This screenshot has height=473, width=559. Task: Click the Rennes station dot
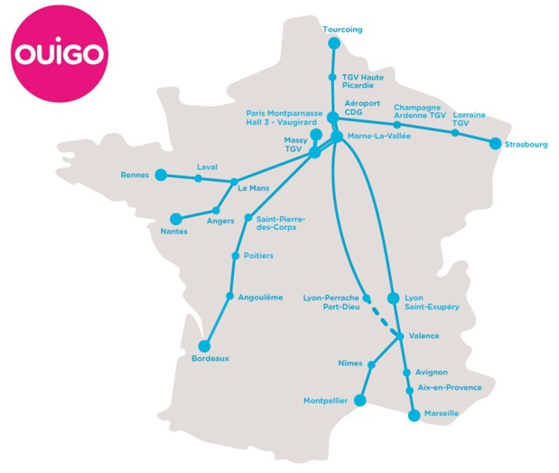pos(161,175)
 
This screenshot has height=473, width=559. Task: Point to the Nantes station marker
pos(175,218)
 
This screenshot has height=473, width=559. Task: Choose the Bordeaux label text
pos(210,358)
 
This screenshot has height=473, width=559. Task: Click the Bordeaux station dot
pos(203,345)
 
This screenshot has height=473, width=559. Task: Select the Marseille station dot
pos(415,415)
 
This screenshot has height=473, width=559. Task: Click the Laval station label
pos(208,166)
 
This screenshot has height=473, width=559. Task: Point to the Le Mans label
pos(254,188)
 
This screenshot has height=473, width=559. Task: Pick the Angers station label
pos(220,220)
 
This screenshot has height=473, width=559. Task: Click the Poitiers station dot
pos(236,256)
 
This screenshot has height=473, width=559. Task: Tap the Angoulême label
pos(259,297)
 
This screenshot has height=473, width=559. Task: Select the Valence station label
pos(424,336)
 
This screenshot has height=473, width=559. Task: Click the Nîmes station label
pos(349,363)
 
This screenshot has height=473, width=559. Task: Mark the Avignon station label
pos(432,372)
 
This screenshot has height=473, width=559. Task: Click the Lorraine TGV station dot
pos(455,133)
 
